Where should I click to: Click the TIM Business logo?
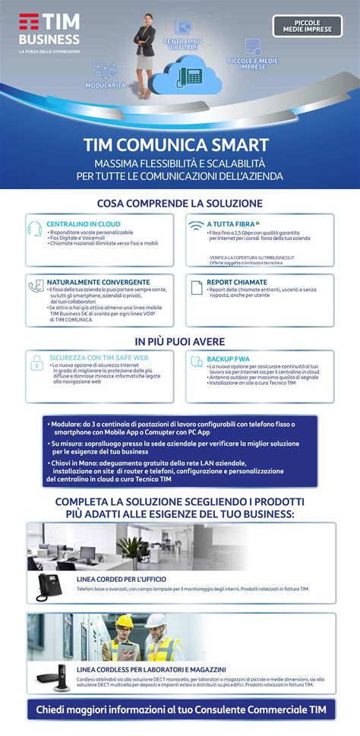tap(49, 31)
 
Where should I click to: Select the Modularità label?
tap(106, 85)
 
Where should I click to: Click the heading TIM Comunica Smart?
tap(179, 144)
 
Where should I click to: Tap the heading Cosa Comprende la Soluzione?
tap(180, 204)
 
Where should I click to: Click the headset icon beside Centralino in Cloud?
tap(35, 229)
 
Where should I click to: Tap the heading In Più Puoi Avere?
tap(180, 341)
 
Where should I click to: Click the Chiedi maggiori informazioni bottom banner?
tap(180, 710)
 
